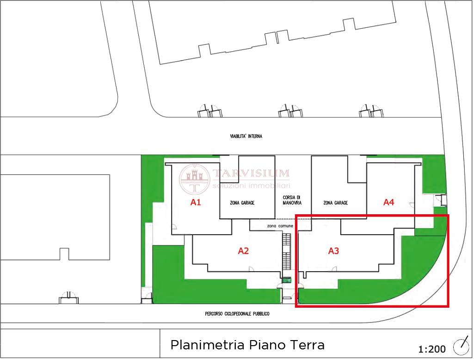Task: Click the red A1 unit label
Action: click(196, 202)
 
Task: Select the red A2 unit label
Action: click(243, 251)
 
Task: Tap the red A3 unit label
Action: click(334, 251)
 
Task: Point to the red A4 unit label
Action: click(389, 202)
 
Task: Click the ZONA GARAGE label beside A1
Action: click(242, 203)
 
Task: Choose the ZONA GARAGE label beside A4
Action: click(336, 203)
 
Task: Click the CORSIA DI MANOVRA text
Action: click(292, 200)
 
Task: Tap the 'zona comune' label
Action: click(280, 226)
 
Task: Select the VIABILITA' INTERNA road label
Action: click(246, 137)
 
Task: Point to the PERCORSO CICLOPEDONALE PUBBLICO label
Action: click(237, 314)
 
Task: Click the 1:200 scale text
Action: click(432, 349)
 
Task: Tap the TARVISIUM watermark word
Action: click(251, 174)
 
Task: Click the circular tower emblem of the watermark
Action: click(194, 179)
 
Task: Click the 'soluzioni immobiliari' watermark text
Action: click(251, 186)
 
